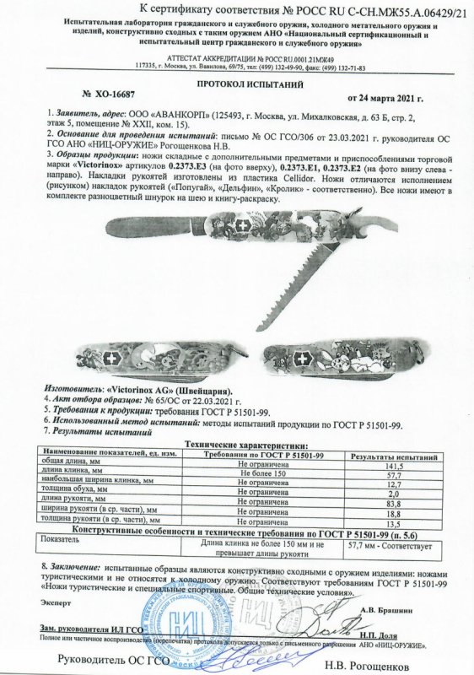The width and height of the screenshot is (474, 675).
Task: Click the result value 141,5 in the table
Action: click(x=390, y=464)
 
